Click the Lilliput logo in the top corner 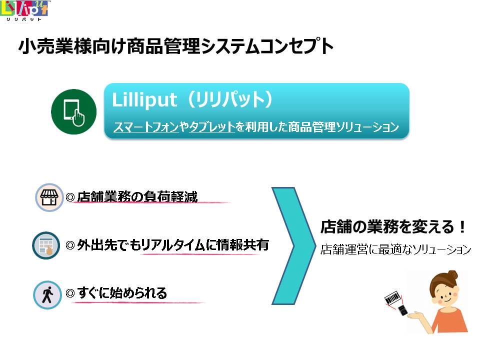pos(24,10)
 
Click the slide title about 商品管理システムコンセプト pos(176,46)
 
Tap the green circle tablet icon pos(74,111)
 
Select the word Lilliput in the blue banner pos(144,99)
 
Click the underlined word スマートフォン pos(146,126)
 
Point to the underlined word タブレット pos(212,126)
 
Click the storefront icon pos(49,197)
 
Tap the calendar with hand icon pos(46,246)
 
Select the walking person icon pos(47,295)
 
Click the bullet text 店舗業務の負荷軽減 pos(137,196)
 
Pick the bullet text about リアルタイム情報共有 pos(173,245)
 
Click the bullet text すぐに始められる pos(122,293)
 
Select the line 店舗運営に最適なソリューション pos(395,249)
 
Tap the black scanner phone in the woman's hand pos(402,310)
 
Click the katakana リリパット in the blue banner pos(229,99)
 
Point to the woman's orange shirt pos(450,320)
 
